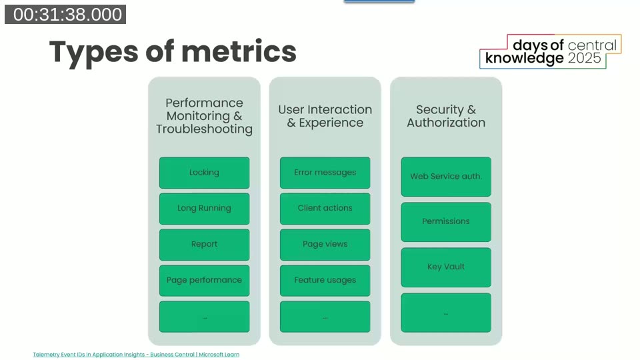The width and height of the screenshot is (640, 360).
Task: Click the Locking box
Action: (x=204, y=173)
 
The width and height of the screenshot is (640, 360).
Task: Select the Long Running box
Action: (x=204, y=209)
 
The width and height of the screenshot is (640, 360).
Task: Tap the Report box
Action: (x=204, y=245)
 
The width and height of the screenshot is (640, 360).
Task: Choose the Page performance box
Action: (x=204, y=281)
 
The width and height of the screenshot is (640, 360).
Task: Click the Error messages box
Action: (x=325, y=173)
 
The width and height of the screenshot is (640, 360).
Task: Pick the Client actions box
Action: (x=325, y=209)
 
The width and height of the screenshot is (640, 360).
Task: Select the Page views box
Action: (x=325, y=245)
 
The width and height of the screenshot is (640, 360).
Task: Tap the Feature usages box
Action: (x=325, y=281)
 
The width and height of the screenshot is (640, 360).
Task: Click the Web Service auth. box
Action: (x=446, y=177)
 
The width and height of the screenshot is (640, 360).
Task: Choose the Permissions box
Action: (x=446, y=222)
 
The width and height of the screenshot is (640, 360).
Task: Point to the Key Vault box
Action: (x=446, y=267)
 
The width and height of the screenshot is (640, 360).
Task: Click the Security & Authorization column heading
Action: (x=446, y=116)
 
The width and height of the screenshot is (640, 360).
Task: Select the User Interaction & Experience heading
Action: (x=325, y=116)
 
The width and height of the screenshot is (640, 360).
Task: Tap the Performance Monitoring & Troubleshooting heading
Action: (x=204, y=116)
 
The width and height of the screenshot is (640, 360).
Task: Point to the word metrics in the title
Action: (x=239, y=52)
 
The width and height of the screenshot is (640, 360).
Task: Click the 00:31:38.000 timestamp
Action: (x=65, y=15)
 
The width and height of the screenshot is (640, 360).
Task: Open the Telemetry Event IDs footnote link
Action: (x=136, y=355)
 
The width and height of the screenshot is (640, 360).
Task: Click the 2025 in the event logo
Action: (x=584, y=59)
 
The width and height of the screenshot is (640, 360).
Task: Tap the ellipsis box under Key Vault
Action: (x=446, y=313)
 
